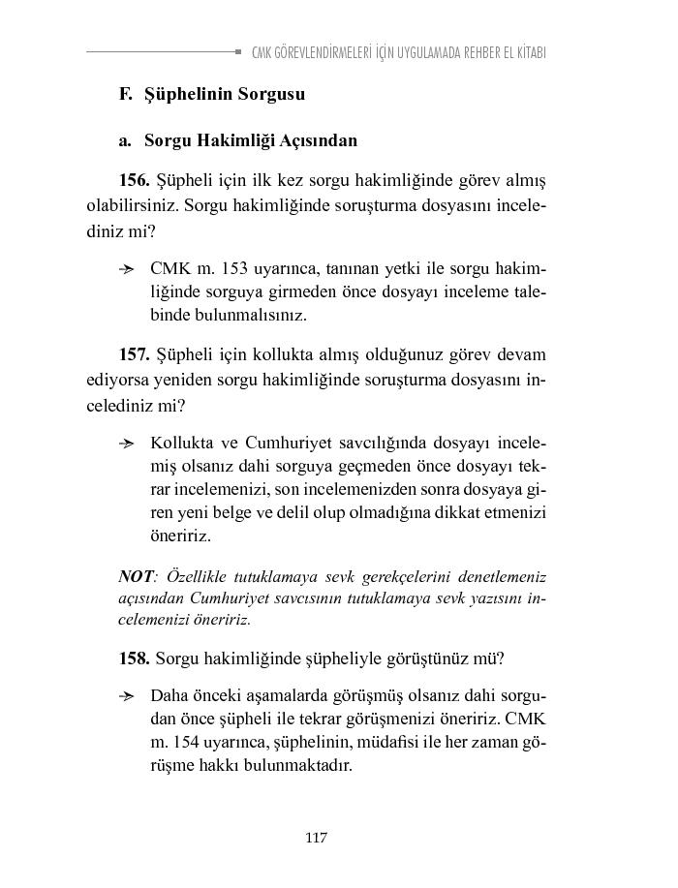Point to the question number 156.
[134, 181]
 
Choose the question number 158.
[134, 658]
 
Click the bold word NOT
[136, 577]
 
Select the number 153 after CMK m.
[236, 266]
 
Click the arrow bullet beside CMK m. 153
[126, 267]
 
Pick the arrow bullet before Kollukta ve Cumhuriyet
[126, 444]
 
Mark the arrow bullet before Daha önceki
[126, 696]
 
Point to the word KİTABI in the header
[528, 52]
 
